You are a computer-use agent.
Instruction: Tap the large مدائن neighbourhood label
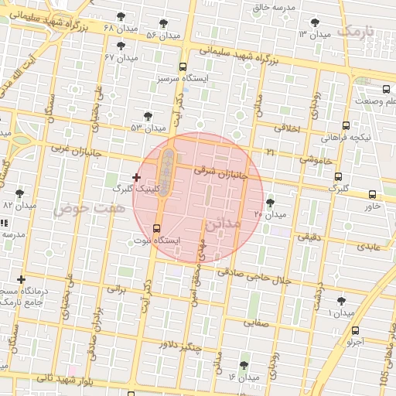point(224,224)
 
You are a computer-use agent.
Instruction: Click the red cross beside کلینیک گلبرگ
point(137,177)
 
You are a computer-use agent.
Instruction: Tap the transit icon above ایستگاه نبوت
point(158,228)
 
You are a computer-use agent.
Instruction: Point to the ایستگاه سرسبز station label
point(180,78)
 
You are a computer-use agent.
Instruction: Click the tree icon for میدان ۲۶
point(269,203)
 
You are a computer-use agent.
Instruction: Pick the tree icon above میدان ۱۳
point(314,23)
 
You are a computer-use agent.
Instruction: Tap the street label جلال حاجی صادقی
point(253,276)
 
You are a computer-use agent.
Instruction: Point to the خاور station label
point(373,207)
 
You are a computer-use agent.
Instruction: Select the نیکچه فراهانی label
point(346,137)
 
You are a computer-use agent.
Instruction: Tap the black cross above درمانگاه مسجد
point(21,279)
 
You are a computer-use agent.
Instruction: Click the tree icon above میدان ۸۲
point(19,193)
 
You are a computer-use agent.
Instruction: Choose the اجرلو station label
point(355,341)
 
